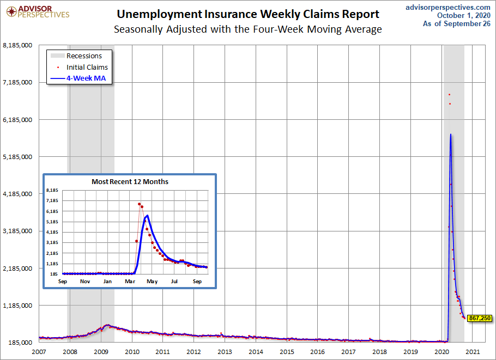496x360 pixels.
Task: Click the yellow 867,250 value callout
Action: point(480,318)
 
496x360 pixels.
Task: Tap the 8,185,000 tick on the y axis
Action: point(18,46)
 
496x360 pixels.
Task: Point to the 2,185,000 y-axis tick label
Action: point(18,269)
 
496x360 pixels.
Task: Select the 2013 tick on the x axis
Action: point(225,352)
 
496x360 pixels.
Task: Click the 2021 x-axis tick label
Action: point(473,352)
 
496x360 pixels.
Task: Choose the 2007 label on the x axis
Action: point(39,352)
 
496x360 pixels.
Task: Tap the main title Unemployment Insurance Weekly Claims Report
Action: point(248,14)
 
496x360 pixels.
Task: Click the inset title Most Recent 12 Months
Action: point(130,181)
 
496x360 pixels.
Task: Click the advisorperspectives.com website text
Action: point(449,7)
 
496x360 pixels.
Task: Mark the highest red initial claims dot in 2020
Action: point(449,95)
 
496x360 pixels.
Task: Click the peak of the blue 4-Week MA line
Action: point(450,134)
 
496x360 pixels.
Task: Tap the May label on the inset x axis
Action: point(152,281)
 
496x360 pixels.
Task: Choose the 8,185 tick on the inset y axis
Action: point(52,190)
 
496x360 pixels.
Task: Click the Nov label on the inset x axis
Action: point(85,281)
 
